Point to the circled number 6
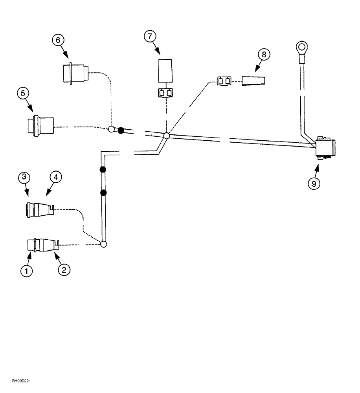[x=58, y=40]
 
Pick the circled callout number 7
[x=150, y=37]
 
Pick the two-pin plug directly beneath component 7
[x=165, y=94]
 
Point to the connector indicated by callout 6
[x=75, y=73]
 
